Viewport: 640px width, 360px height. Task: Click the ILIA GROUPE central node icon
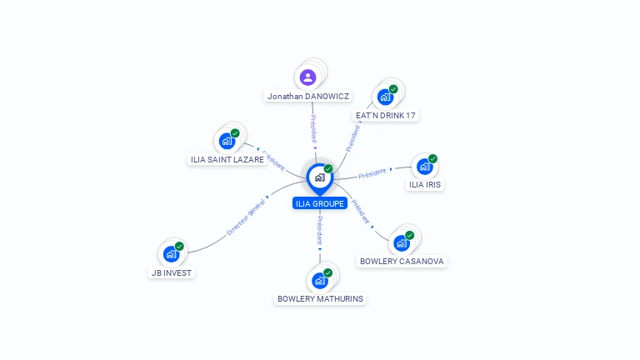pos(319,177)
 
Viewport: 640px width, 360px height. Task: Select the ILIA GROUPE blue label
pos(320,204)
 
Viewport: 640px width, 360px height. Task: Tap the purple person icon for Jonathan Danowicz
pos(308,77)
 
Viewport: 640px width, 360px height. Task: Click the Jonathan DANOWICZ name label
pos(308,97)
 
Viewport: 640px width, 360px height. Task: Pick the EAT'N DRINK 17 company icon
pos(385,97)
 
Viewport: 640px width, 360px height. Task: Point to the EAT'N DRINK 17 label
pos(385,116)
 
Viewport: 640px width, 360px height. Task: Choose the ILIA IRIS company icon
pos(424,166)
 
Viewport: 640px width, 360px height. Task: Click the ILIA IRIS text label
pos(425,185)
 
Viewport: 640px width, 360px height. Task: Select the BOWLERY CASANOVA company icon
pos(402,242)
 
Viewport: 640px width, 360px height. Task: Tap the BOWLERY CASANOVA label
pos(402,262)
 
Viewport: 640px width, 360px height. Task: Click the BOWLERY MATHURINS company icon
pos(320,280)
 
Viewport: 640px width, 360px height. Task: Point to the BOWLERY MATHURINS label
pos(320,299)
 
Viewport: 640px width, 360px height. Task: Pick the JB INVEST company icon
pos(171,253)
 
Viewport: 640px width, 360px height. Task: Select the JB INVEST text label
pos(172,272)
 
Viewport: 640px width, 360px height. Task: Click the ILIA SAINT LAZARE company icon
pos(227,141)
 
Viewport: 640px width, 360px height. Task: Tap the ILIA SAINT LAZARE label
pos(227,160)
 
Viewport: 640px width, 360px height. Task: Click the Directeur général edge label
pos(246,217)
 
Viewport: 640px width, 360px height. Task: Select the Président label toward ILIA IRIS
pos(372,173)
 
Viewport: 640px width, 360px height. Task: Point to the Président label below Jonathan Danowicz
pos(313,129)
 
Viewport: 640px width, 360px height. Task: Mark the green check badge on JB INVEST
pos(179,247)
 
